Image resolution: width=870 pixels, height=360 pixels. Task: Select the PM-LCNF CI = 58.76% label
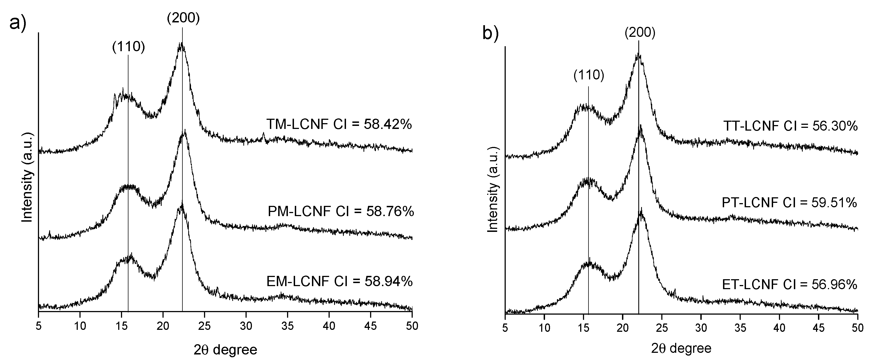pos(340,212)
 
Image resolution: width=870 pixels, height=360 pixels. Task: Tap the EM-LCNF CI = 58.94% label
pos(339,281)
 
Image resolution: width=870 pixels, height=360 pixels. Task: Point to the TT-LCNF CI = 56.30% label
pos(790,126)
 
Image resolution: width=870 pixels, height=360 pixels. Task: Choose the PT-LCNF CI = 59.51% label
pos(789,203)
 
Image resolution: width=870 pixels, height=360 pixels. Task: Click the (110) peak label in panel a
pos(128,47)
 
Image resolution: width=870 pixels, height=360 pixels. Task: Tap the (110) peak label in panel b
pos(589,75)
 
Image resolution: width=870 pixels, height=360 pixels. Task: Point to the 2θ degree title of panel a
pos(225,350)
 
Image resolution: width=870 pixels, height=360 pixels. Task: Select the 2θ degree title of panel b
pos(681,348)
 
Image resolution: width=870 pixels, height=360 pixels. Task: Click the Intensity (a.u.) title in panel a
pos(27,177)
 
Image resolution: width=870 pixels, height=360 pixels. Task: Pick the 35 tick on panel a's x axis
pos(287,326)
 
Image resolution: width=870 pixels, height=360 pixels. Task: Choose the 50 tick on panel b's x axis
pos(857,328)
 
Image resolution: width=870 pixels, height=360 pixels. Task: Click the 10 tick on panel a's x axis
pos(80,326)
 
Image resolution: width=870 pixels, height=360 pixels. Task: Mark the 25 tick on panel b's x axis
pos(662,328)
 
